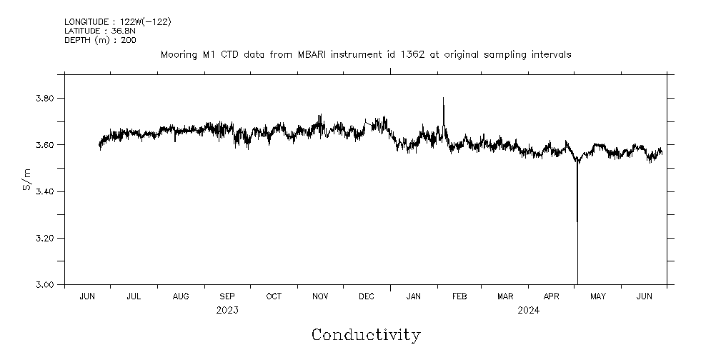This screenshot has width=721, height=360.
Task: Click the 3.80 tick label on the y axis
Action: point(45,99)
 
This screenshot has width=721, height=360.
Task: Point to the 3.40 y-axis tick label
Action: point(45,191)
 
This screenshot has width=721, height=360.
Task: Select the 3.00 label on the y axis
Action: point(45,284)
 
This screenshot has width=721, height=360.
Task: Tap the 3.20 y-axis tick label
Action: point(45,238)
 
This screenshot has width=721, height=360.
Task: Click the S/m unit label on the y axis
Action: point(27,179)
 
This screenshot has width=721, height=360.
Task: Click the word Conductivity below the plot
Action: point(366,334)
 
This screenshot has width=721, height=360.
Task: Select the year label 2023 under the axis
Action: point(227,310)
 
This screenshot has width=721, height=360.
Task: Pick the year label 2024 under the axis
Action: point(528,310)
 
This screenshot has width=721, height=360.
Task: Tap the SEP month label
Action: point(227,296)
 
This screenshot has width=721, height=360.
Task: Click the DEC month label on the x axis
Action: point(366,296)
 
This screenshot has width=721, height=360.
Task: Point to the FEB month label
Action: point(459,296)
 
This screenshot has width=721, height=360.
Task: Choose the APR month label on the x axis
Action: point(552,296)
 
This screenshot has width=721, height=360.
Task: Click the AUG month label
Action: point(181,296)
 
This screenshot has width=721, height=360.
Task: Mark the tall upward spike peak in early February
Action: point(443,99)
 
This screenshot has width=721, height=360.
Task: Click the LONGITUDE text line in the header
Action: point(117,21)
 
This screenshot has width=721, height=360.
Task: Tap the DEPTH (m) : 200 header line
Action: point(100,40)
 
